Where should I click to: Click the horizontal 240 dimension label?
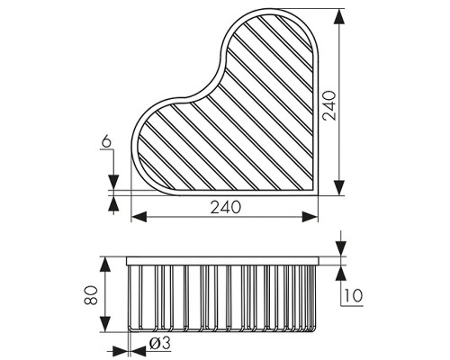(x=225, y=207)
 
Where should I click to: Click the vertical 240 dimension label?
(x=329, y=105)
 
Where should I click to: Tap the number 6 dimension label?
(x=106, y=141)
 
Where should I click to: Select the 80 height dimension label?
(x=91, y=295)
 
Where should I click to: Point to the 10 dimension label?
(x=354, y=296)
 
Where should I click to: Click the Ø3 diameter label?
(x=160, y=343)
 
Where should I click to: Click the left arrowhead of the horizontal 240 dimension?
(x=139, y=217)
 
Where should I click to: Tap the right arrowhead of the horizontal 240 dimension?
(x=310, y=217)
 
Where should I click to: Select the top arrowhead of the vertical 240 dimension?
(x=339, y=16)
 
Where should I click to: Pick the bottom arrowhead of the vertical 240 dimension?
(x=339, y=188)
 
